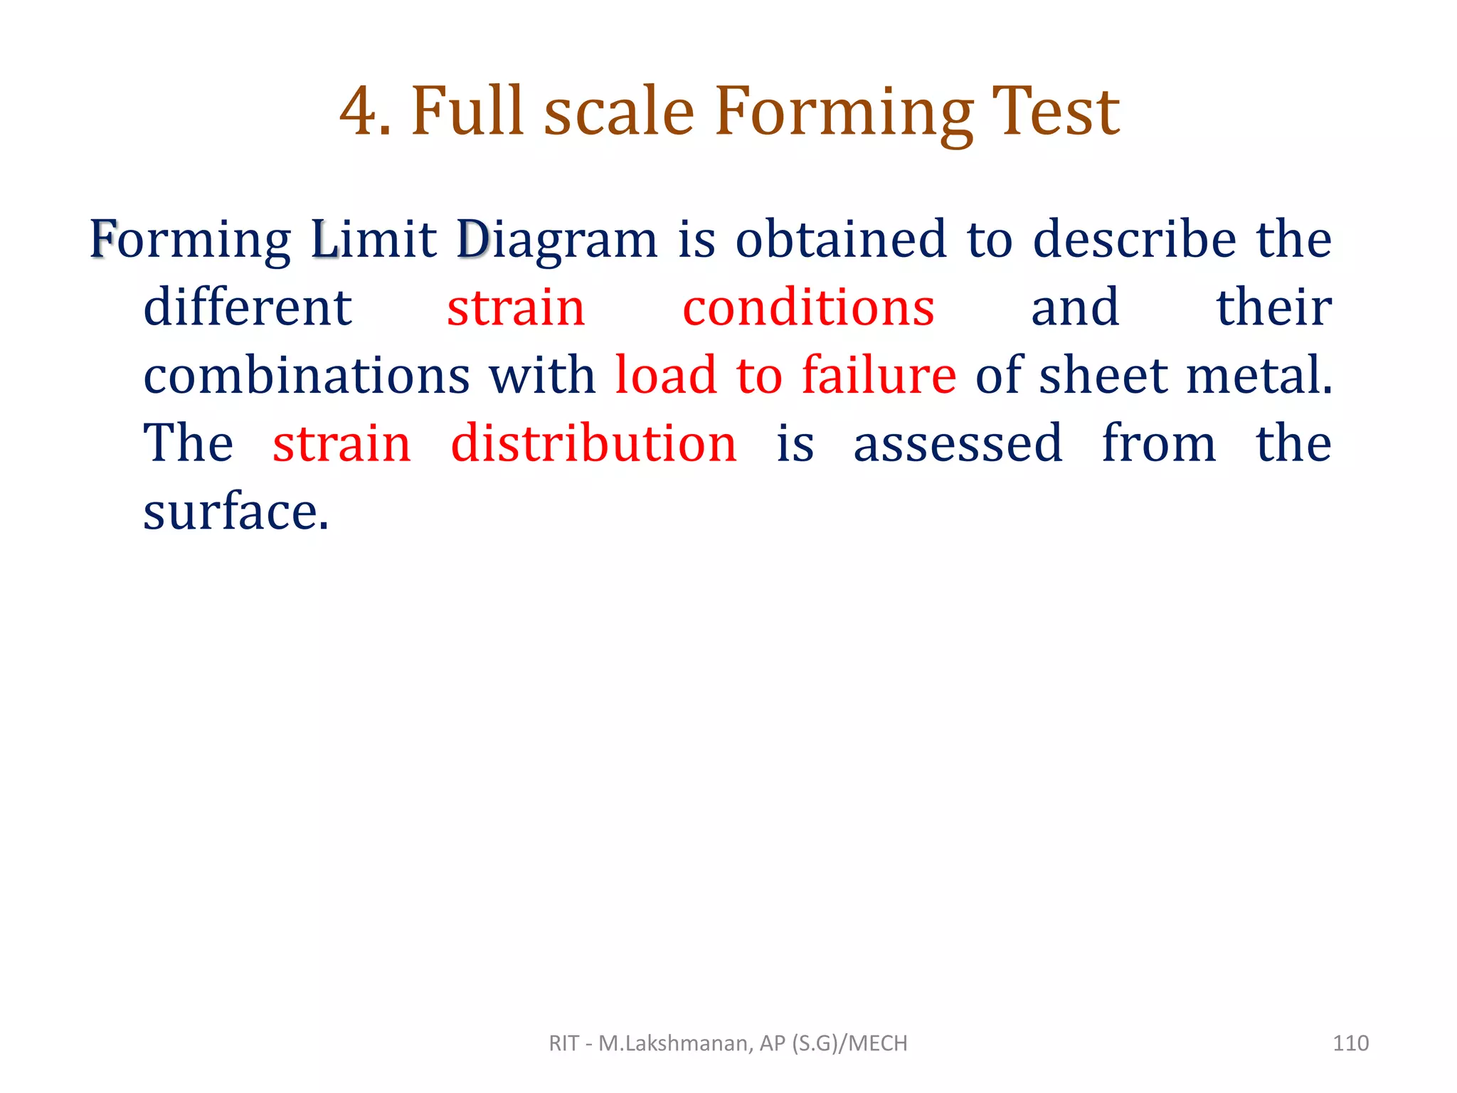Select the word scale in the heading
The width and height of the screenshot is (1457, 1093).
pos(619,112)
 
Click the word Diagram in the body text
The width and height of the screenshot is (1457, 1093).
pos(556,241)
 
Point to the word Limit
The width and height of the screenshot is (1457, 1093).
pos(373,239)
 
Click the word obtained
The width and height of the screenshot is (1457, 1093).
pos(840,239)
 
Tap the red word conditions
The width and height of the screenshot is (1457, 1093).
pos(808,307)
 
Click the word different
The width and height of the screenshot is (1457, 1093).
pos(248,307)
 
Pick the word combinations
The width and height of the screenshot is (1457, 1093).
pos(306,375)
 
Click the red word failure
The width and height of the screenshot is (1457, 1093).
pos(879,375)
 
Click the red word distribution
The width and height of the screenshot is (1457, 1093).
pos(594,443)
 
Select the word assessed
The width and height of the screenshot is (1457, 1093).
pos(958,443)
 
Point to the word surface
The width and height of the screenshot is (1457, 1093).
pos(235,511)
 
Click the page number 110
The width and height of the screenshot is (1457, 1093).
pos(1350,1043)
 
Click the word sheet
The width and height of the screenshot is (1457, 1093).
pos(1103,375)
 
